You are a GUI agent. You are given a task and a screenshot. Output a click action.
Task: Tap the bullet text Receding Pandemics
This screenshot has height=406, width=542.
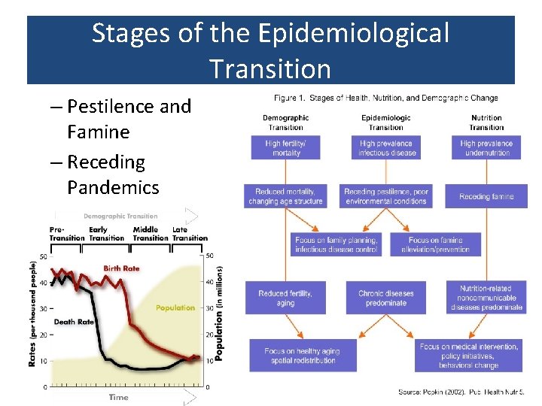pyautogui.click(x=113, y=174)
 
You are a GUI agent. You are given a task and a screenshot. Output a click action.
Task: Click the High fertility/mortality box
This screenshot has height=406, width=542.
pyautogui.click(x=286, y=148)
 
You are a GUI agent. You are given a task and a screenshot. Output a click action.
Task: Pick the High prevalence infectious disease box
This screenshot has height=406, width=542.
pyautogui.click(x=386, y=148)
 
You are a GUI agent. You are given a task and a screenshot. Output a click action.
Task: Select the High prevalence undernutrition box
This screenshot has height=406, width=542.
pyautogui.click(x=486, y=148)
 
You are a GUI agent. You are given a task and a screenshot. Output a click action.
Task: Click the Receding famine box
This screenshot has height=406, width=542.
pyautogui.click(x=486, y=196)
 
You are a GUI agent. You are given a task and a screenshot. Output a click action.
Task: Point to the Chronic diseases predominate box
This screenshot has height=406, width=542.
pyautogui.click(x=386, y=298)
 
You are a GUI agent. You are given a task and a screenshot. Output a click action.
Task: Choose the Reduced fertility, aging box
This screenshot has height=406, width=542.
pyautogui.click(x=286, y=298)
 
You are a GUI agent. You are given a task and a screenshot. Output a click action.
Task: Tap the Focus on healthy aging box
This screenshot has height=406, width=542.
pyautogui.click(x=302, y=356)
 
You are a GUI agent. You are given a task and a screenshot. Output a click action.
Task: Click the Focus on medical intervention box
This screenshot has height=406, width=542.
pyautogui.click(x=468, y=356)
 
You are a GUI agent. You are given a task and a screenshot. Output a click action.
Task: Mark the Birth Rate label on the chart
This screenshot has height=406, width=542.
pyautogui.click(x=121, y=268)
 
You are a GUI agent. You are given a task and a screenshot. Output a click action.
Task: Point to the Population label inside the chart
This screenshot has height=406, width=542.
pyautogui.click(x=175, y=308)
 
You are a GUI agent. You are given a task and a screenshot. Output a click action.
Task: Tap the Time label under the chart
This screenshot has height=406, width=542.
pyautogui.click(x=119, y=397)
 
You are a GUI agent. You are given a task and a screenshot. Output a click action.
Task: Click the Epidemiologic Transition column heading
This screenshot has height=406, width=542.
pyautogui.click(x=386, y=122)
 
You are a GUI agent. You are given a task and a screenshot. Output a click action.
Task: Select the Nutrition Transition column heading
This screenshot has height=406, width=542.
pyautogui.click(x=486, y=122)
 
